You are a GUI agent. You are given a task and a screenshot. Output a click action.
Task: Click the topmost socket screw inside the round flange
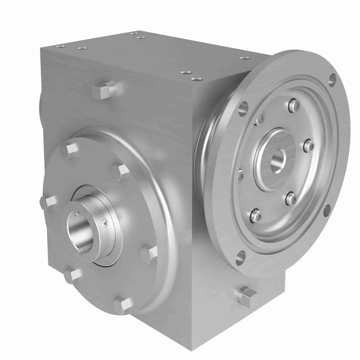294,105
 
